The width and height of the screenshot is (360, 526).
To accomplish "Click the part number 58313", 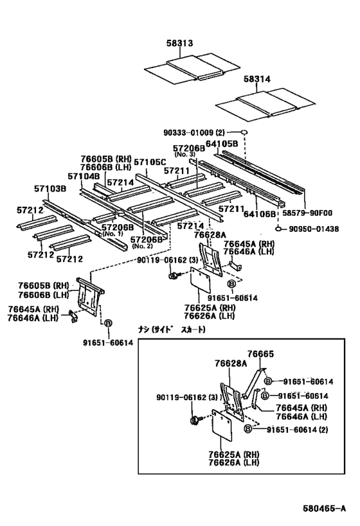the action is (x=179, y=43).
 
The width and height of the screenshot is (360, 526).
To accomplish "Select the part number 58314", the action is (x=257, y=79).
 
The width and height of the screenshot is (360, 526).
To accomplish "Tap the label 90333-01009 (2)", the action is (x=194, y=132).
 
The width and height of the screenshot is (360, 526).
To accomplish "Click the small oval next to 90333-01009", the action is (x=244, y=132).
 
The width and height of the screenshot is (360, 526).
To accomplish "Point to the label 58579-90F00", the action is (x=307, y=213).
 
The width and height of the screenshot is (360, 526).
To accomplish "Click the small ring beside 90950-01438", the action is (x=278, y=229).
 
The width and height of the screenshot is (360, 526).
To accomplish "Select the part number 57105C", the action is (x=150, y=162).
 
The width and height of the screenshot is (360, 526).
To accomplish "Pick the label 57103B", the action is (x=50, y=189).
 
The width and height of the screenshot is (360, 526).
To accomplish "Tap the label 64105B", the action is (x=222, y=144).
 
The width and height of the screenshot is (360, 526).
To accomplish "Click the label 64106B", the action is (x=260, y=214).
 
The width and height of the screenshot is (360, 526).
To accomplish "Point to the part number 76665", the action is (x=260, y=354).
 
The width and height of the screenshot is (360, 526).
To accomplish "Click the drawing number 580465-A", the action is (x=324, y=508).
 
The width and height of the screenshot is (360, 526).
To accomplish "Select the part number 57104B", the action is (x=84, y=176).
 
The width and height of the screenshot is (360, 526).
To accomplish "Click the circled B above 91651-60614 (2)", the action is (x=248, y=429).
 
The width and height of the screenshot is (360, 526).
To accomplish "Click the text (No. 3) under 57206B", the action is (x=184, y=154).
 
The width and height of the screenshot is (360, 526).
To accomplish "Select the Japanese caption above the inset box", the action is (x=172, y=329).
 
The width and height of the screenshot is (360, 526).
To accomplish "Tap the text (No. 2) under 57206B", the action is (x=142, y=246).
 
